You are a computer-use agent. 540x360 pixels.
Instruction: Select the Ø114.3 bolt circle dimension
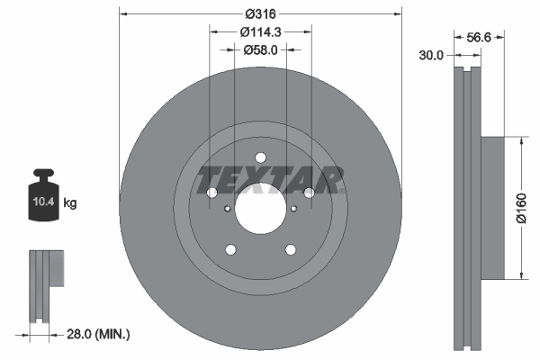(261, 31)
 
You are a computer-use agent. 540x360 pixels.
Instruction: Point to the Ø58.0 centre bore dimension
(260, 50)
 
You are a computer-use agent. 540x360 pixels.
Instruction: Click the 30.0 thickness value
(432, 56)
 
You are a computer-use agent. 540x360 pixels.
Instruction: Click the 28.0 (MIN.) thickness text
(99, 334)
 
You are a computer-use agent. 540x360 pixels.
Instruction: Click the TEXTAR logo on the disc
(270, 180)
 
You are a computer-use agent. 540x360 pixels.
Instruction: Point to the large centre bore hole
(260, 208)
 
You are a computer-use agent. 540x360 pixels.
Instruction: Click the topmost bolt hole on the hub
(260, 155)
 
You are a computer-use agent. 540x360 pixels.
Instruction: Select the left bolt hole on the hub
(212, 193)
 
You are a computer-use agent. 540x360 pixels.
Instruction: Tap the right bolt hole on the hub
(309, 193)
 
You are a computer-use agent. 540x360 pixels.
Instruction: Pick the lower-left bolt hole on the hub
(230, 249)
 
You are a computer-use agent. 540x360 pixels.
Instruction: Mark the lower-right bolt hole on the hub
(291, 249)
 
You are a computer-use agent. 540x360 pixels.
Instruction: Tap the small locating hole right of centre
(294, 209)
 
